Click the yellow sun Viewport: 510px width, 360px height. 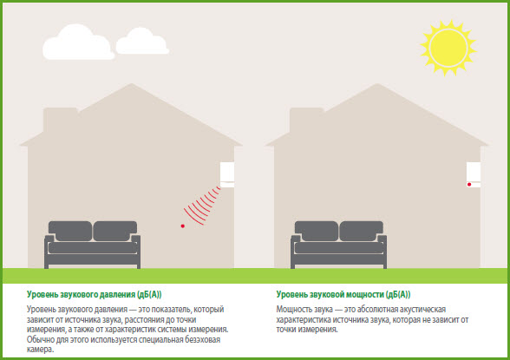coord(448,48)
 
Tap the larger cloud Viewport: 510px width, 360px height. coord(78,43)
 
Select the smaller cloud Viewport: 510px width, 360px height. coord(142,42)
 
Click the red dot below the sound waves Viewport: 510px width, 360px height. coord(183,226)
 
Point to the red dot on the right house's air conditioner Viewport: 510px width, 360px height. coord(469,185)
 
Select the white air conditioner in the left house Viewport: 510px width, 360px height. coord(227,174)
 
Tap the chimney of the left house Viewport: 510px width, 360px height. coord(61,119)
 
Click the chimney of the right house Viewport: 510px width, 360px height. coord(306,119)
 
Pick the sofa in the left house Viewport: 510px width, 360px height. coord(92,245)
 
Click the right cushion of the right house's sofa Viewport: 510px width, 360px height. coord(361,231)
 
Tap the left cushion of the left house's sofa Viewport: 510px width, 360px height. coord(70,231)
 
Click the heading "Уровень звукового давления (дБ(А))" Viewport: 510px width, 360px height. coord(95,295)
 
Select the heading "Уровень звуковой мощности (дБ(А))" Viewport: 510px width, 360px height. coord(343,295)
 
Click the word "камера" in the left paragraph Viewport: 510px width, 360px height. coord(39,350)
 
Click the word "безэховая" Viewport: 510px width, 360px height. coord(202,340)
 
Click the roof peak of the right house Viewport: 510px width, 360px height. coord(377,84)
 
